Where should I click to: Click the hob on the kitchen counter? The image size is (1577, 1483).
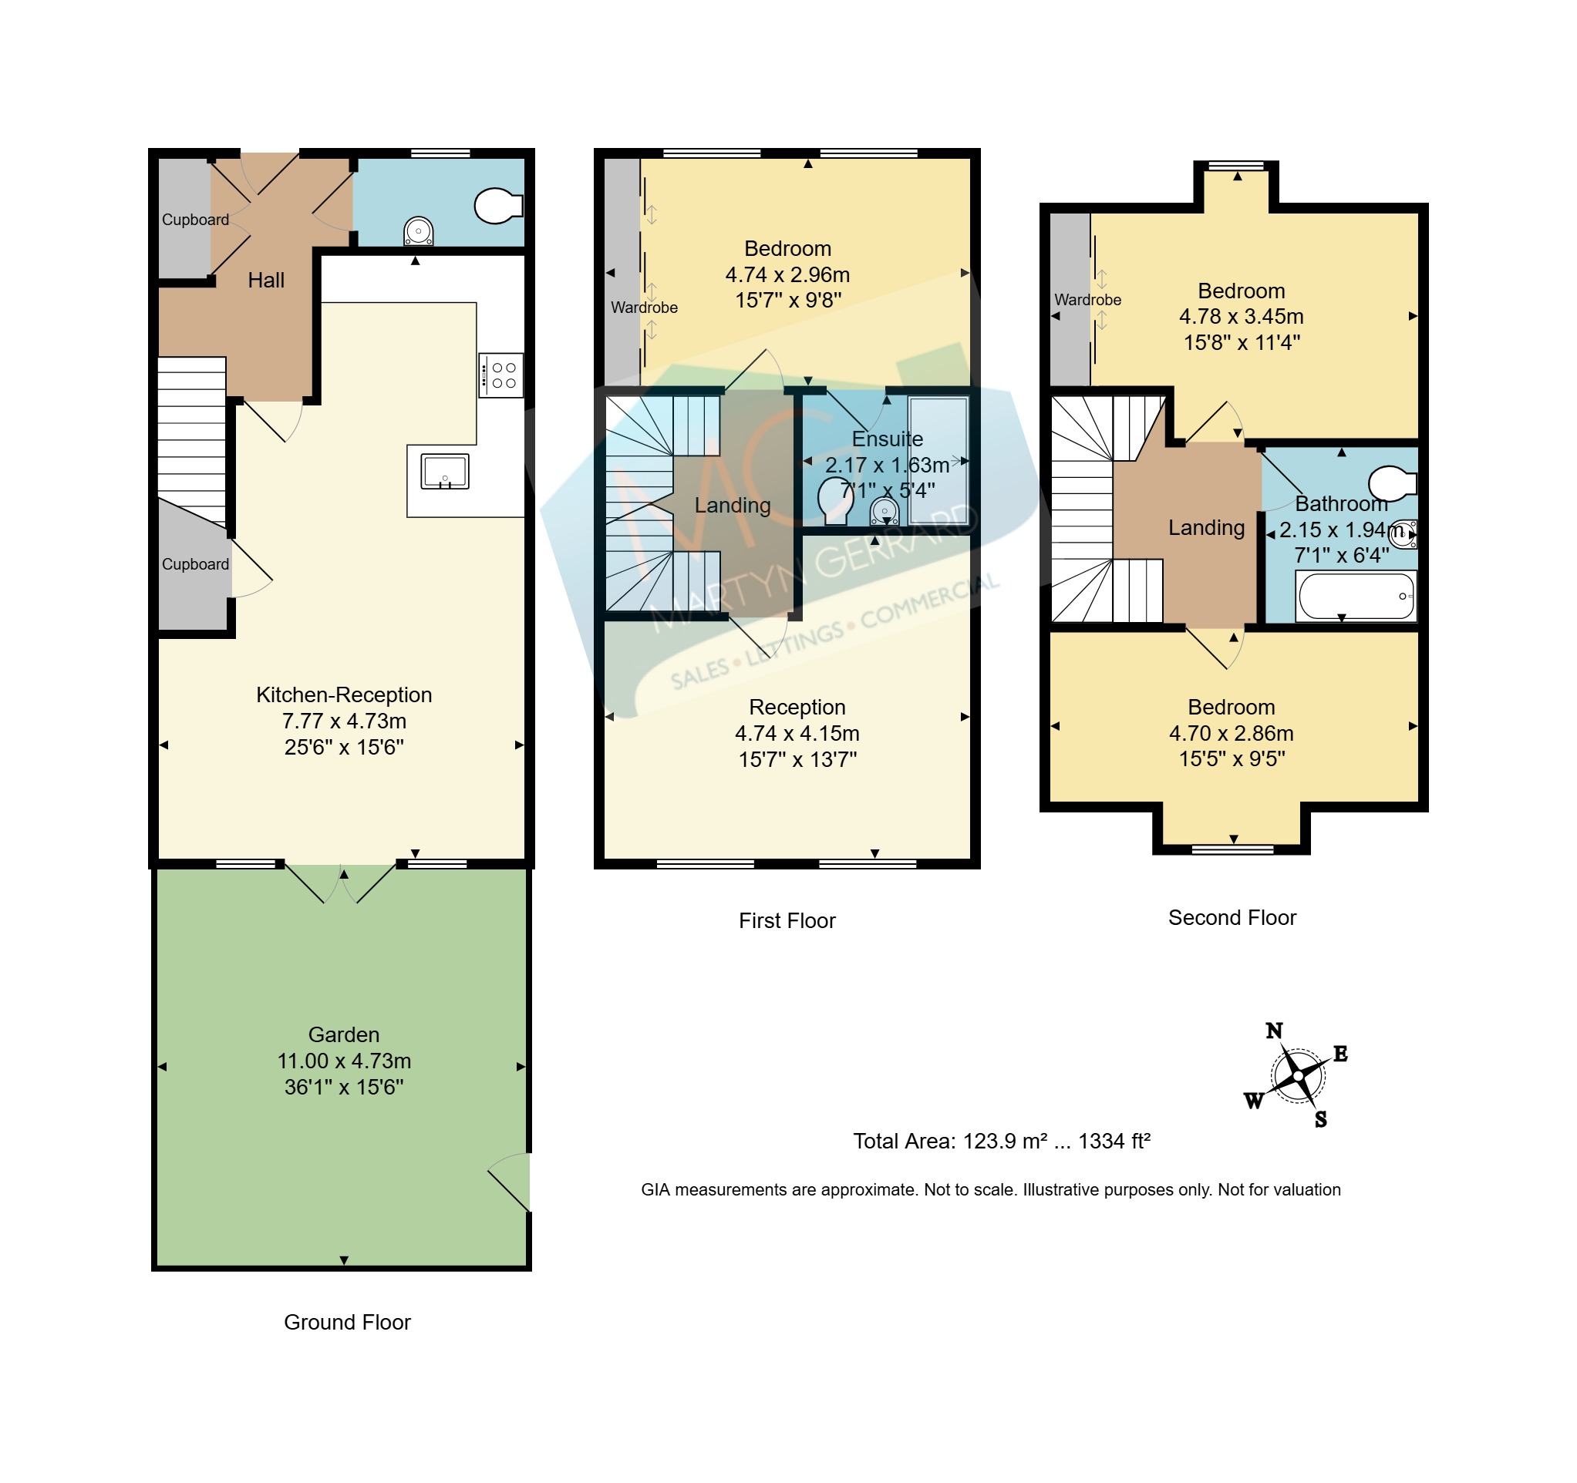click(x=500, y=375)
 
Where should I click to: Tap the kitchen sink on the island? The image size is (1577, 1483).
click(x=445, y=472)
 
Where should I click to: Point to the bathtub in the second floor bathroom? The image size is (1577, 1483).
click(x=1356, y=597)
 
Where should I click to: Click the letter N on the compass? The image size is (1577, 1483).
click(x=1274, y=1031)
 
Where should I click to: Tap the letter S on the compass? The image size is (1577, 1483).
click(x=1321, y=1119)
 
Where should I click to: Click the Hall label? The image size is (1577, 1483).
click(x=266, y=280)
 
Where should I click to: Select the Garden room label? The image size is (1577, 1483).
click(x=343, y=1034)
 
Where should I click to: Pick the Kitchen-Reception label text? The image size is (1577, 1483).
click(x=343, y=694)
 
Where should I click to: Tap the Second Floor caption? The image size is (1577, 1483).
click(x=1232, y=917)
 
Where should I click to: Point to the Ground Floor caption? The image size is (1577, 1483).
click(x=348, y=1322)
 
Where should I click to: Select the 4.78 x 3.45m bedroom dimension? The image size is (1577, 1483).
click(x=1242, y=317)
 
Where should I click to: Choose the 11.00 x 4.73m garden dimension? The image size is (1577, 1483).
click(x=343, y=1061)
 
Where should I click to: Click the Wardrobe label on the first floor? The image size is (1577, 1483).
click(x=644, y=308)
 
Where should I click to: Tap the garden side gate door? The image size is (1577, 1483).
click(x=508, y=1182)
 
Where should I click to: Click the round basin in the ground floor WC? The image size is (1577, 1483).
click(x=418, y=230)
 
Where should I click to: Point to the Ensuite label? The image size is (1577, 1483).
click(x=887, y=439)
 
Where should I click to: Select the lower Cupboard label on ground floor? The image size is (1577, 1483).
click(x=195, y=564)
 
